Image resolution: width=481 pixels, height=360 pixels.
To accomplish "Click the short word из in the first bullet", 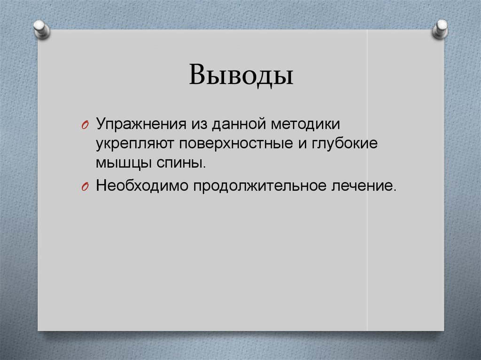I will click(x=197, y=124).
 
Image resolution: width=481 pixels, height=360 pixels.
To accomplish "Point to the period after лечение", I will click(x=395, y=189).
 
